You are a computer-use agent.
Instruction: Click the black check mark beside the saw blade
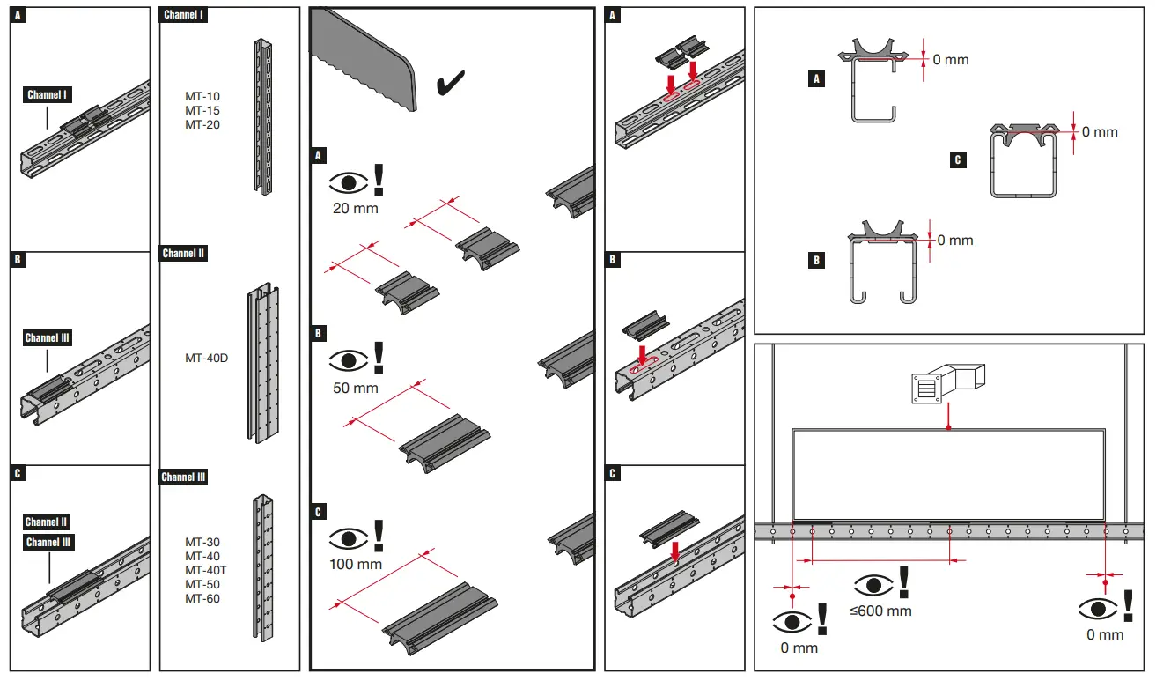(x=451, y=84)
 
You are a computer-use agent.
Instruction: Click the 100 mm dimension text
(x=356, y=564)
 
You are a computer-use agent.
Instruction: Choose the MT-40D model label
(x=207, y=358)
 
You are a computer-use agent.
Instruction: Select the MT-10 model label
(x=202, y=97)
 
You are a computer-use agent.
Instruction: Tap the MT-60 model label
(x=202, y=599)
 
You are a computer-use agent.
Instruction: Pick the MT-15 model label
(x=202, y=111)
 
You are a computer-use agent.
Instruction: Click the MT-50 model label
(x=202, y=585)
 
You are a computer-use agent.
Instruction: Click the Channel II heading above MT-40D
(x=183, y=254)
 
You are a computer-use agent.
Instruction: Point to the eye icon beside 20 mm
(x=348, y=183)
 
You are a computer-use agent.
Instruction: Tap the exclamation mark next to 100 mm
(x=379, y=536)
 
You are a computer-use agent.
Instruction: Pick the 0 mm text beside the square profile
(x=1100, y=132)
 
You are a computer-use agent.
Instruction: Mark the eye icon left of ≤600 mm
(x=873, y=585)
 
